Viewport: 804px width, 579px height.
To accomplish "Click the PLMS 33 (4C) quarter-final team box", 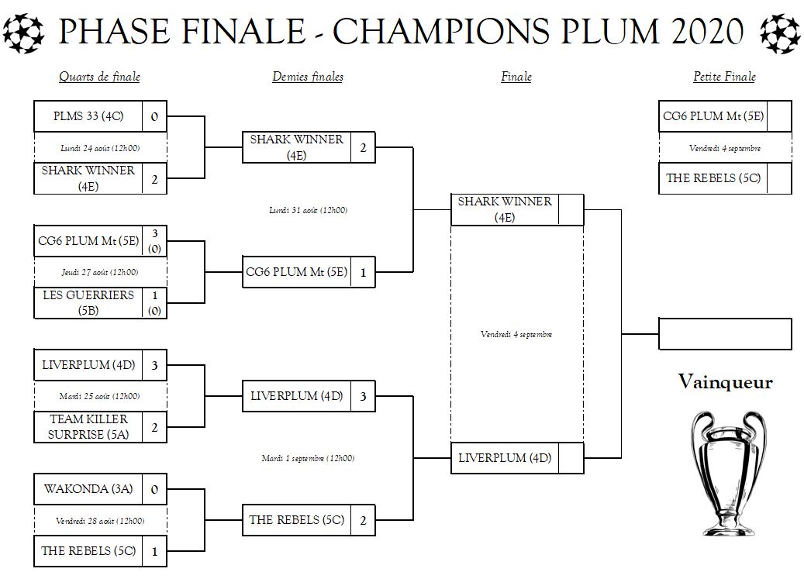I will click(88, 116).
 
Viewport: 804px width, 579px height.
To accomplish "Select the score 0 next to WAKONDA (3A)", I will click(154, 489).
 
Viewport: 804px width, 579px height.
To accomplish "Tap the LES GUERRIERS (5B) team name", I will click(88, 302).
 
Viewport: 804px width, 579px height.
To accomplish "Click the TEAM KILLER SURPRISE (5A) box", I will click(88, 426).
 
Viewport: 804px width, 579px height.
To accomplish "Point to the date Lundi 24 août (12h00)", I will click(100, 147).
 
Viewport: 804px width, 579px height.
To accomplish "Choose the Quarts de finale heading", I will click(99, 77).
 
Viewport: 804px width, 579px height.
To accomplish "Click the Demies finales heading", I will click(308, 77).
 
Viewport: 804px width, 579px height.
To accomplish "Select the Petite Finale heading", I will click(724, 77).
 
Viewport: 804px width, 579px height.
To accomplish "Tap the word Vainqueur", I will click(725, 381).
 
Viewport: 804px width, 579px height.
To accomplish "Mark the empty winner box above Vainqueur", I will click(725, 334).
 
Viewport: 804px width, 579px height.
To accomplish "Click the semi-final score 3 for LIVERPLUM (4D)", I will click(362, 396).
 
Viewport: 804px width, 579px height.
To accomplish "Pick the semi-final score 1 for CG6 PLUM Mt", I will click(362, 272).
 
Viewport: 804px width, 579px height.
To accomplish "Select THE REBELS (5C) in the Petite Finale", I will click(713, 178).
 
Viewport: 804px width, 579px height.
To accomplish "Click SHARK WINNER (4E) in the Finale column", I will click(505, 209).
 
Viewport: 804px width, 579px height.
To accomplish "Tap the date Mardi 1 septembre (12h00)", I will click(308, 458).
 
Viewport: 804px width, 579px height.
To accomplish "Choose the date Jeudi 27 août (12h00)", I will click(100, 272).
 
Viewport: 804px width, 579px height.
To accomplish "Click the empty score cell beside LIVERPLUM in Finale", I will click(571, 458).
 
